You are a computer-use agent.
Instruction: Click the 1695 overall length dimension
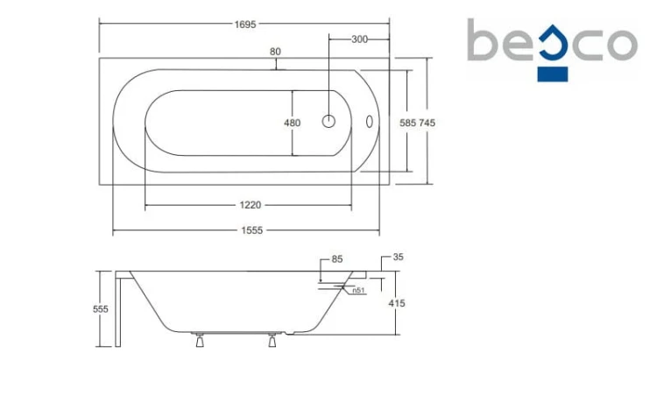[245, 25]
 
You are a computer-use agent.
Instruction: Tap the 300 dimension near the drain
[359, 39]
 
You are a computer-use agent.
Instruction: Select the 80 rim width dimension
[275, 52]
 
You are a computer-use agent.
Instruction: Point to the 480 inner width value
[292, 123]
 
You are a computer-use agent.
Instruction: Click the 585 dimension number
[407, 123]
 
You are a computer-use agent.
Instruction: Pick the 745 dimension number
[427, 123]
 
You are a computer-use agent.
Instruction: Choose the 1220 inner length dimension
[251, 205]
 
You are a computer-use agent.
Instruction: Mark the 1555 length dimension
[251, 230]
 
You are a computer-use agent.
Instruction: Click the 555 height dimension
[101, 309]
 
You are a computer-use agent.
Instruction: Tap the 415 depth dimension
[396, 303]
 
